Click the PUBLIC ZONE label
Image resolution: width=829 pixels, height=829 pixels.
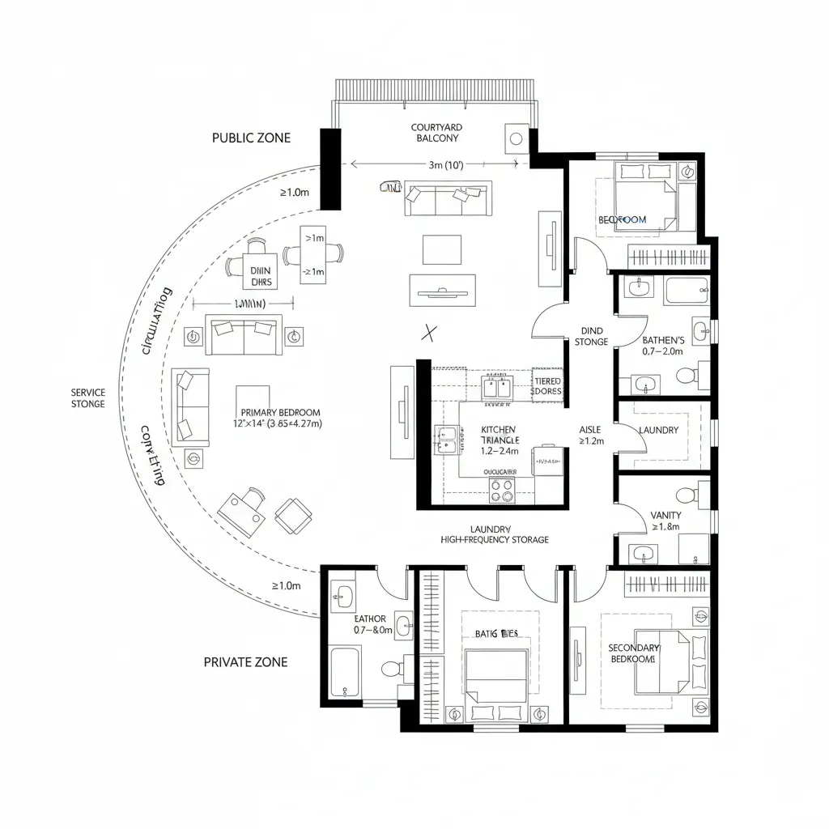251,138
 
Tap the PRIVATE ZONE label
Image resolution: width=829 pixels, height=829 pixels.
245,661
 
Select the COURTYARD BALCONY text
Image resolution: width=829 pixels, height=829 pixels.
436,133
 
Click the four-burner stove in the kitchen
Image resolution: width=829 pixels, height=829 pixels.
502,489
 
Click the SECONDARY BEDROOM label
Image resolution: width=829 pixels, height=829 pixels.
634,653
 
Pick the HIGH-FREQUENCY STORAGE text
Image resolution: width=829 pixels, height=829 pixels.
494,539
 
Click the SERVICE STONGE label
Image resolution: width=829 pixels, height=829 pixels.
87,397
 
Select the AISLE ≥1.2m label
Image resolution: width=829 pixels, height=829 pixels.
591,436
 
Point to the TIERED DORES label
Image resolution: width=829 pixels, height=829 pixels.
547,385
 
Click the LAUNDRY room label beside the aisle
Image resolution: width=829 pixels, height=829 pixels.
658,430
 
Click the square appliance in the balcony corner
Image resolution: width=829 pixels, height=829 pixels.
513,138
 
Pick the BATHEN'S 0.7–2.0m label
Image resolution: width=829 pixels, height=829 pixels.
662,346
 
